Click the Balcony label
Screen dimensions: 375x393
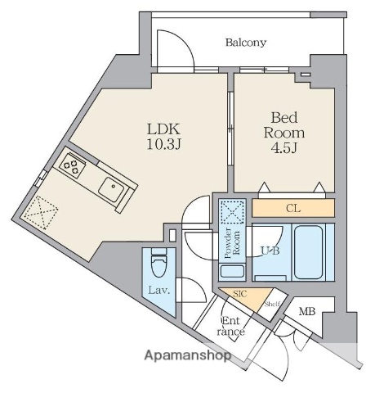click(x=246, y=43)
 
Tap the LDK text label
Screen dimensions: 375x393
click(x=163, y=129)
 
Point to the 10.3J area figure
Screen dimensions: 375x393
click(x=163, y=144)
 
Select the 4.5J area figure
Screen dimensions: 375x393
click(x=284, y=147)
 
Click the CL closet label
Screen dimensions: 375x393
click(x=293, y=209)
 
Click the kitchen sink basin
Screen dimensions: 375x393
click(x=112, y=189)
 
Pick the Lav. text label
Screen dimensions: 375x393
click(x=159, y=290)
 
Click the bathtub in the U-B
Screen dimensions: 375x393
click(x=309, y=252)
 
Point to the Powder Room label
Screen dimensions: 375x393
click(x=232, y=243)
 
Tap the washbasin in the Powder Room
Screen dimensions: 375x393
click(x=232, y=271)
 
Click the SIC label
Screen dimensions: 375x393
click(x=240, y=294)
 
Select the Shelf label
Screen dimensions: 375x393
click(x=272, y=305)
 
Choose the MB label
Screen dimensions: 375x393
click(x=307, y=311)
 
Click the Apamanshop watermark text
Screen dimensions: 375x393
click(x=188, y=355)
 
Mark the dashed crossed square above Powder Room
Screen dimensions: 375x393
click(x=232, y=212)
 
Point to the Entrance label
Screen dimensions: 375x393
click(x=230, y=326)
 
